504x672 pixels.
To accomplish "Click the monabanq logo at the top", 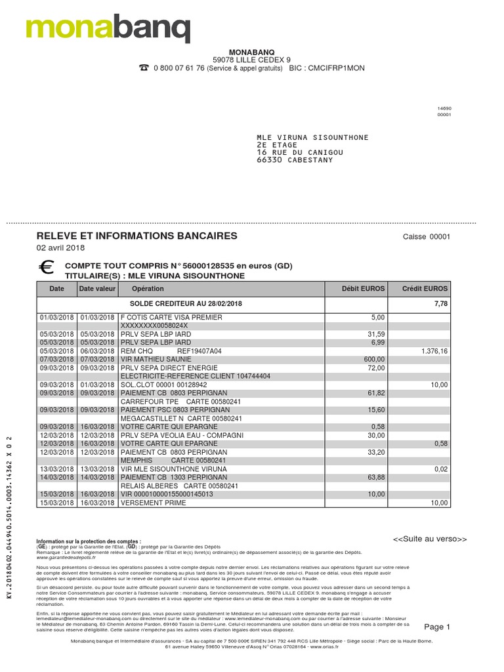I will (x=108, y=27).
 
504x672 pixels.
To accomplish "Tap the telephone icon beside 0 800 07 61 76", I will (x=143, y=68).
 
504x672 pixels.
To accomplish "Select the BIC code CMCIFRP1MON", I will (x=336, y=68).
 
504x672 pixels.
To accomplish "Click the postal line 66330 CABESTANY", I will (x=295, y=160).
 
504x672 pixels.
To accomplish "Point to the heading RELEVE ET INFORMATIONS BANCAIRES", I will (x=136, y=236).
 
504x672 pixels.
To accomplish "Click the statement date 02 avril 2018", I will (x=60, y=248).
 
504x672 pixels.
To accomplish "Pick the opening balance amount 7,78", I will (x=441, y=304).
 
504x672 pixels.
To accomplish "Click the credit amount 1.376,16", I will (x=434, y=351).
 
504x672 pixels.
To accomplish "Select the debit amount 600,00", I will (x=373, y=360).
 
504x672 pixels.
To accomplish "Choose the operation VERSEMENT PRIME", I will (x=153, y=503).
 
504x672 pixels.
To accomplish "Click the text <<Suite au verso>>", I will (x=429, y=539).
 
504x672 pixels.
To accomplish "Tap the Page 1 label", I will (x=437, y=627).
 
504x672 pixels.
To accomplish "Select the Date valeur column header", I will (x=97, y=289).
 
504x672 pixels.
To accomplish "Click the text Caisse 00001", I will (x=427, y=237).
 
